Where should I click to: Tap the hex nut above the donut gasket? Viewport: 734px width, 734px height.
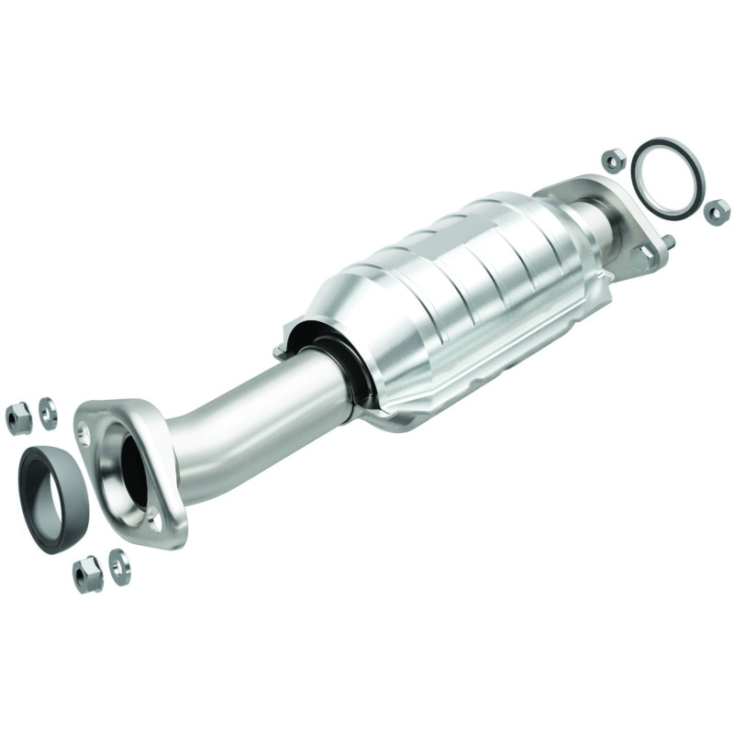pos(18,417)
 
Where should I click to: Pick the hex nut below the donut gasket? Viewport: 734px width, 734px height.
pos(87,574)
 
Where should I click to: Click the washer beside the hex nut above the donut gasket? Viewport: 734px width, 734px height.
pos(48,413)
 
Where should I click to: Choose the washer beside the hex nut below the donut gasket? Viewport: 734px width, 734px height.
pos(118,565)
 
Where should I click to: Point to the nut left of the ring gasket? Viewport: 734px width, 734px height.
pos(614,161)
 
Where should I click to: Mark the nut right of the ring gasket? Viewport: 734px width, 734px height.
pos(717,212)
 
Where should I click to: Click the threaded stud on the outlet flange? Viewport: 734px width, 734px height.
pos(671,242)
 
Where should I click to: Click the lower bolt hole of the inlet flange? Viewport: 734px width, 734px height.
pos(155,521)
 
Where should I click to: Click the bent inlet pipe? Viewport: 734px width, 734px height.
pos(248,431)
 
